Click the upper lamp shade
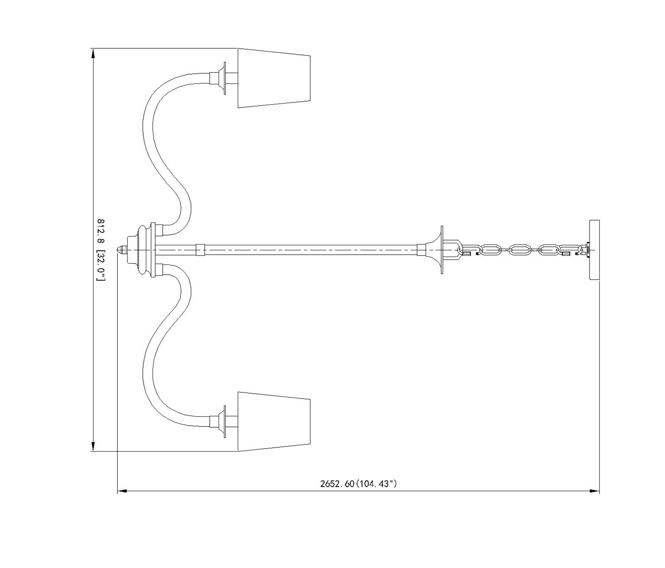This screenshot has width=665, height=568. coord(274,78)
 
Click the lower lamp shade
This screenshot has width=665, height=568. coord(274,422)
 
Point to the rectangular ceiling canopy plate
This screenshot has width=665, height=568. coord(594,250)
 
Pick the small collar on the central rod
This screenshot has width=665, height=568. coord(200,249)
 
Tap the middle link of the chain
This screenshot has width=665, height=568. coord(520,249)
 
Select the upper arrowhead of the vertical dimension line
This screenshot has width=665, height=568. coord(93,55)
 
